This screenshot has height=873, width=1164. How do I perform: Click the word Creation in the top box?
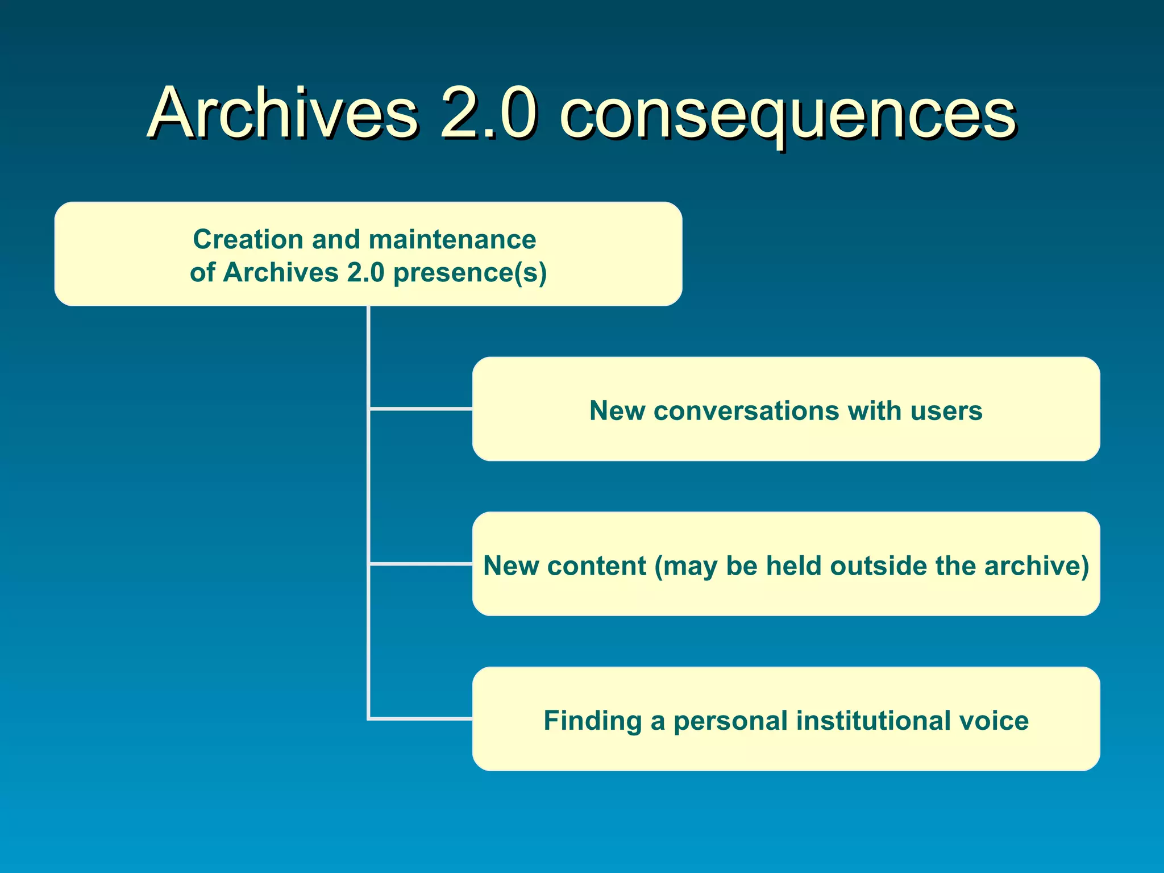pyautogui.click(x=247, y=239)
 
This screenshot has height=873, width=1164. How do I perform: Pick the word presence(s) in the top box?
pyautogui.click(x=470, y=273)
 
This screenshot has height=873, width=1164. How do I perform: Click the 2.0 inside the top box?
pyautogui.click(x=365, y=273)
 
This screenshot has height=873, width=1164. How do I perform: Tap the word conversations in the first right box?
pyautogui.click(x=746, y=410)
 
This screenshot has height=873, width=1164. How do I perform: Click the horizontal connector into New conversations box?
pyautogui.click(x=421, y=409)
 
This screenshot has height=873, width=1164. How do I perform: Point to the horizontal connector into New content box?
pyautogui.click(x=421, y=564)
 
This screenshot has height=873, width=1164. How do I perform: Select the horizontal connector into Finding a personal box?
pyautogui.click(x=421, y=719)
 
